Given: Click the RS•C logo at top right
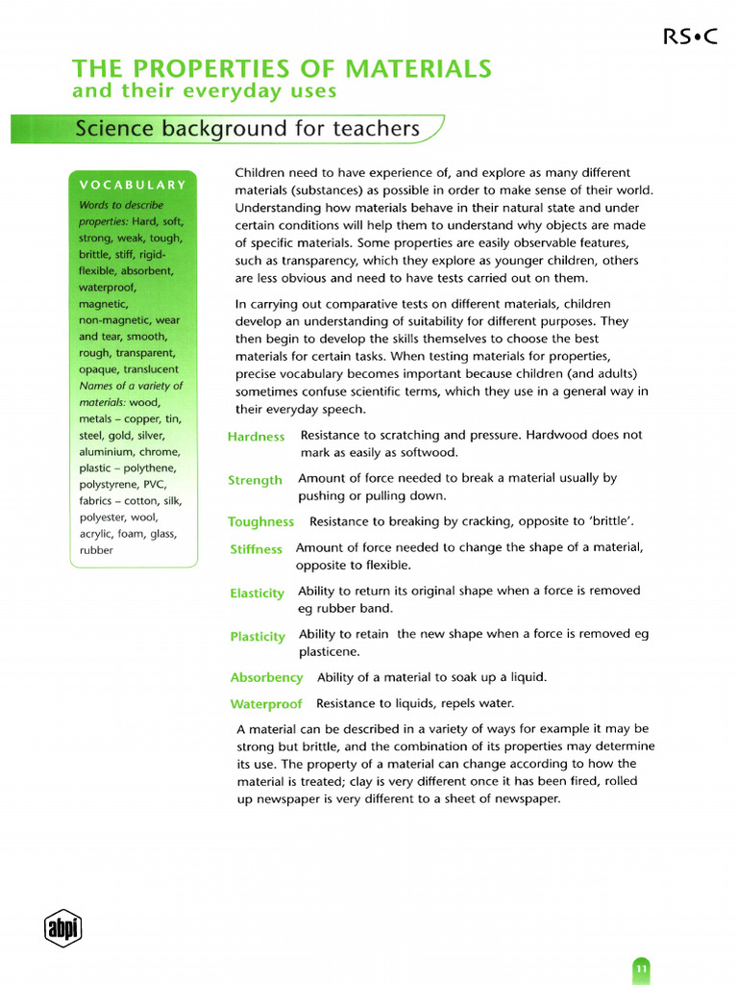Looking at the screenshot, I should [689, 37].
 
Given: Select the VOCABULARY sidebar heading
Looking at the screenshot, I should [132, 185].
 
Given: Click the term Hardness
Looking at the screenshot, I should [256, 437].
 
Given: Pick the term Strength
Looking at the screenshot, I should [255, 480].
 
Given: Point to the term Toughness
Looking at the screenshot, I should [260, 522].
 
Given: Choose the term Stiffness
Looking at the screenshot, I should [256, 549].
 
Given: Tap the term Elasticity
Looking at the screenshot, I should [257, 594].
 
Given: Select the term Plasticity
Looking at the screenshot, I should [258, 637].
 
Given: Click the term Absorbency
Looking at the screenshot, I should [266, 678].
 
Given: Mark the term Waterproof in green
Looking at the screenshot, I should [266, 704].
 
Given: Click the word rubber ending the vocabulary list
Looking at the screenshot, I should [96, 551].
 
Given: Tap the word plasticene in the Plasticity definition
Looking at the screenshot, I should [329, 651].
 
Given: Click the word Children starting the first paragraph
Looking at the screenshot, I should [263, 173].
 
